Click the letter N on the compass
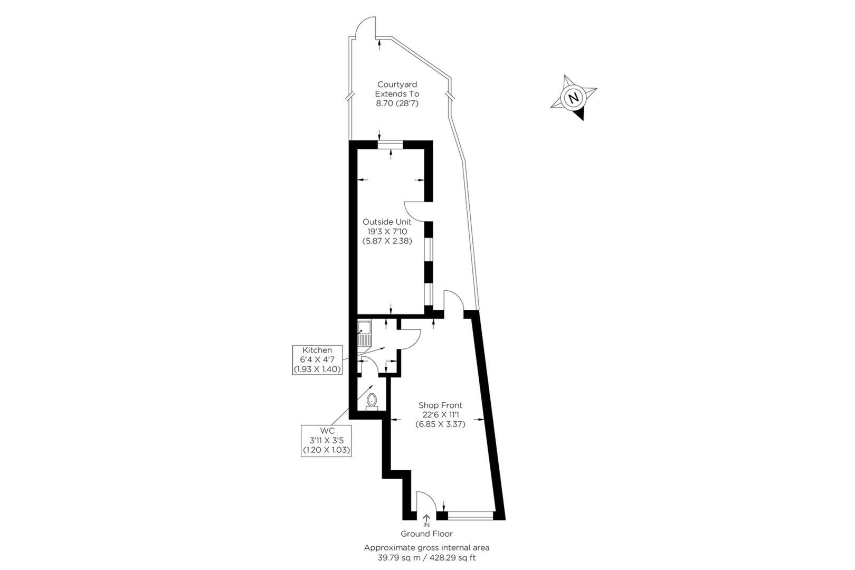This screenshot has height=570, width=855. [573, 98]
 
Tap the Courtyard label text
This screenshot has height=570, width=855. [397, 84]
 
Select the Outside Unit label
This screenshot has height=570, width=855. [387, 222]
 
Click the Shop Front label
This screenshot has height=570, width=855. [440, 405]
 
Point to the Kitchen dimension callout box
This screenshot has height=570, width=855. [317, 359]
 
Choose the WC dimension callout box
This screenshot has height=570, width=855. [326, 440]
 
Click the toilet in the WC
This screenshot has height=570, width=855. [372, 402]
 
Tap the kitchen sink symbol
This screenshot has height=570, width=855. [364, 334]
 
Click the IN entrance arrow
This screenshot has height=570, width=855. [426, 521]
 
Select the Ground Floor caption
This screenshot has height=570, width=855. [426, 534]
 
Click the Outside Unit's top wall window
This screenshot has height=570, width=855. [391, 144]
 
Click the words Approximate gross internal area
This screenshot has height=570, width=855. [426, 548]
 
